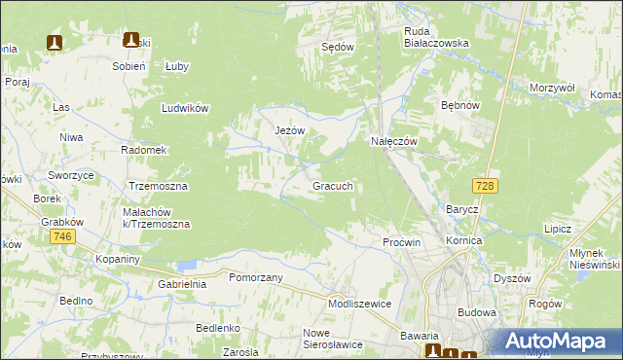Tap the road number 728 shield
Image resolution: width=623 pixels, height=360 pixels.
(484, 185)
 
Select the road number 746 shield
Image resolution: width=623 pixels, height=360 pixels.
(63, 237)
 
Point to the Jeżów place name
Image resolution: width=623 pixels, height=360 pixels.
(290, 130)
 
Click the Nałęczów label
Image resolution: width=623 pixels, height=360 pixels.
(394, 141)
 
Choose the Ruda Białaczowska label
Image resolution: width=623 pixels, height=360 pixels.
(437, 37)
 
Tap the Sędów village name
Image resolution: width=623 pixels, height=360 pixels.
(338, 46)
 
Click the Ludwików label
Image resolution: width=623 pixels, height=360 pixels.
(187, 109)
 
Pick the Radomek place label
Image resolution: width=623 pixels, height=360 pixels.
(144, 150)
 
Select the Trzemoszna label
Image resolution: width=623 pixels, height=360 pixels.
(158, 185)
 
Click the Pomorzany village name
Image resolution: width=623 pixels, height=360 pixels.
(255, 277)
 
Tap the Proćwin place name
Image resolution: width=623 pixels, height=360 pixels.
(401, 241)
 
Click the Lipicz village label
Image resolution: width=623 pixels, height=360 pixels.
(558, 229)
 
